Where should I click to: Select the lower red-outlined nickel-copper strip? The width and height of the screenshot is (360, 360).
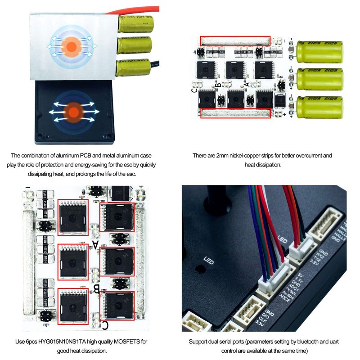[x=236, y=113]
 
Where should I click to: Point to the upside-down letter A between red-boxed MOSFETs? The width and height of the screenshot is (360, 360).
[x=95, y=244]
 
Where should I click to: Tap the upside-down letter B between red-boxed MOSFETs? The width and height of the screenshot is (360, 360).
[x=95, y=288]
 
